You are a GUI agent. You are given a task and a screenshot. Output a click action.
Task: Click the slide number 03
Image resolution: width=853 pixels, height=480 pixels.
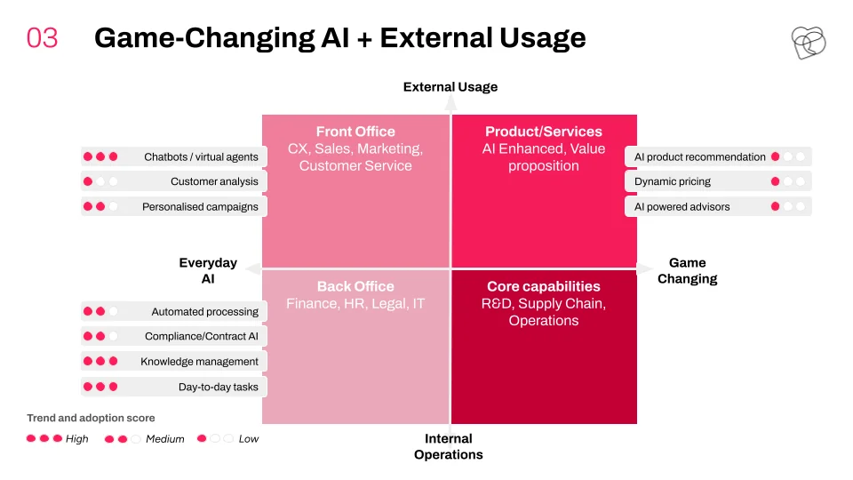42,38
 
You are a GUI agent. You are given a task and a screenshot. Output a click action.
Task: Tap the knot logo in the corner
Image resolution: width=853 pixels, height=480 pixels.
808,43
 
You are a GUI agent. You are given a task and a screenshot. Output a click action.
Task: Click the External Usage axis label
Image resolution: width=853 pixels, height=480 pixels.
450,87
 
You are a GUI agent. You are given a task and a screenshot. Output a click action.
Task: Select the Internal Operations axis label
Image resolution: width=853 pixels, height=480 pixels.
448,446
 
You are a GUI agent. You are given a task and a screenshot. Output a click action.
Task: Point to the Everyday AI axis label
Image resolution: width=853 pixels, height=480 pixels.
208,270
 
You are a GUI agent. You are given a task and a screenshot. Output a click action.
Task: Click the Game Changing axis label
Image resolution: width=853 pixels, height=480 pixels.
687,270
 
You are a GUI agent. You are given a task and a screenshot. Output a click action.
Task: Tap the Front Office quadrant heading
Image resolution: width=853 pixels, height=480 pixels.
355,132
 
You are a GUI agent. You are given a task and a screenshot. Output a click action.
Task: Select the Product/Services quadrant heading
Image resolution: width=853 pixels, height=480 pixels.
544,132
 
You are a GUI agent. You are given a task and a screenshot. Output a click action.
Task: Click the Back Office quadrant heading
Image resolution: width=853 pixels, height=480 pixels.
355,286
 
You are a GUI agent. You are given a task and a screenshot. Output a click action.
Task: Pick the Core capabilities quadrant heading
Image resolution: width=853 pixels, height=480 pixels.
544,286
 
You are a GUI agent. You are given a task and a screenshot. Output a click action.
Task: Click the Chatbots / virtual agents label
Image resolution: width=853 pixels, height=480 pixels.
202,156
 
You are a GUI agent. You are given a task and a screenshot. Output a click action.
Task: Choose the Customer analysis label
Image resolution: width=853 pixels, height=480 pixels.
214,181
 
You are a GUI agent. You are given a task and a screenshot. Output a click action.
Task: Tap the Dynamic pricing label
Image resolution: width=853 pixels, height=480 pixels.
673,181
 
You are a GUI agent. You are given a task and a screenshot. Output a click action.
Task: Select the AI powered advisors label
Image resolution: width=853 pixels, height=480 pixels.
682,207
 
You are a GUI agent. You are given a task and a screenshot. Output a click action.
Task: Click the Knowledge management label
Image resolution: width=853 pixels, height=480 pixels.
199,362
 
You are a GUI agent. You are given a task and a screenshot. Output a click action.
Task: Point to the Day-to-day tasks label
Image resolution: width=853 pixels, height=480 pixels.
219,387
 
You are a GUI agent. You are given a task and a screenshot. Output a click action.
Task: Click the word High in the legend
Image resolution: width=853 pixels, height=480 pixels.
76,438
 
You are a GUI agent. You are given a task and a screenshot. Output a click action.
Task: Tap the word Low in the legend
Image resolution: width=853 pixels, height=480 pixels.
249,438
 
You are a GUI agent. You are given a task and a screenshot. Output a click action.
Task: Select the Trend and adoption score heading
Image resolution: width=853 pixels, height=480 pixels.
91,418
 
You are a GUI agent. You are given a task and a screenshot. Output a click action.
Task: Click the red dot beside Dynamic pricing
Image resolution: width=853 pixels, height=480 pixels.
775,181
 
